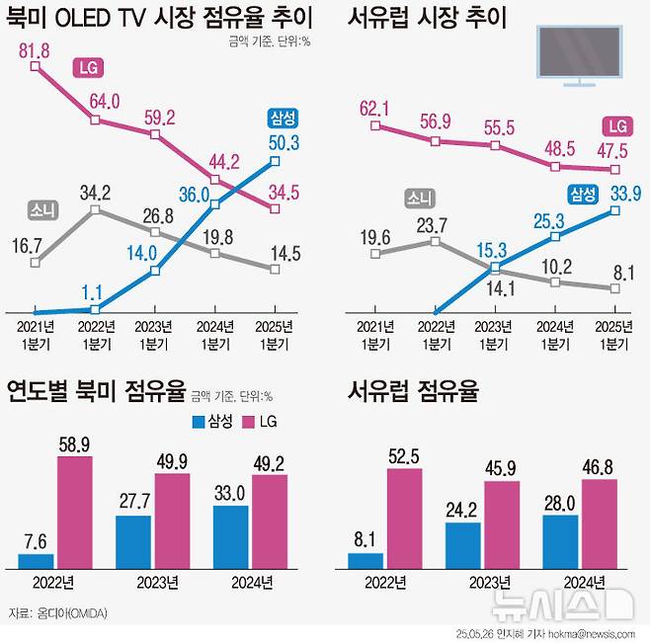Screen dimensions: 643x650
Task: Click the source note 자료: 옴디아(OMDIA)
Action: [x=56, y=613]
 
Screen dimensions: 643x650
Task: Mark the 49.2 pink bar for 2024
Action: [x=269, y=522]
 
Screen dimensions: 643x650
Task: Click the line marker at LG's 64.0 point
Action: [x=95, y=121]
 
